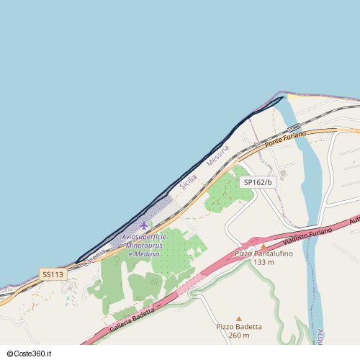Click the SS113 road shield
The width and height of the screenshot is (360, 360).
53,274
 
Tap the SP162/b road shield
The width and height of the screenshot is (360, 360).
258,182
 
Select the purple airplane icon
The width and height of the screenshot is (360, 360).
144,225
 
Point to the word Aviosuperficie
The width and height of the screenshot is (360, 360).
144,237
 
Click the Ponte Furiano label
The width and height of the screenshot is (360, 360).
285,140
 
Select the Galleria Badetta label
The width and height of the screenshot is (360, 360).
133,320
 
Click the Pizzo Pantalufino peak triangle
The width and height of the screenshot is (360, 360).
264,246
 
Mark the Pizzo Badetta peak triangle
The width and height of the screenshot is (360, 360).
239,318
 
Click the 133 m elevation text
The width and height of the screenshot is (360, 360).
264,262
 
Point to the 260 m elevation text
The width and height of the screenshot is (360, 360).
239,335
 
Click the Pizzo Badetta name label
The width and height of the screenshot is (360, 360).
239,326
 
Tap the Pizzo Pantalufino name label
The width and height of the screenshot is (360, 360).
264,254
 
